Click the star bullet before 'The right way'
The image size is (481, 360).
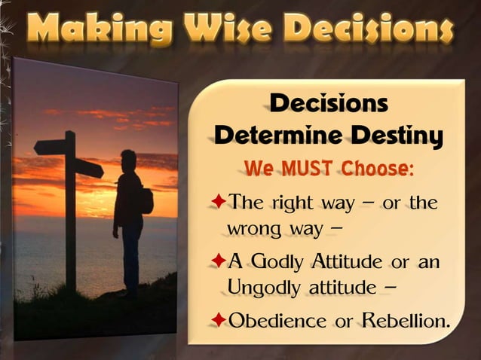[217, 202]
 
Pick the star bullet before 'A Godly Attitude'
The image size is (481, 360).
[217, 261]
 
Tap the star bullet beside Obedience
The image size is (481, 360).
[217, 319]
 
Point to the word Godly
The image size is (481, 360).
[277, 261]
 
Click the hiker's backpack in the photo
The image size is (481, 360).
[146, 200]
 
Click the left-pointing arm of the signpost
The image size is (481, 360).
[50, 147]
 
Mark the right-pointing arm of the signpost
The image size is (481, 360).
[88, 168]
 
